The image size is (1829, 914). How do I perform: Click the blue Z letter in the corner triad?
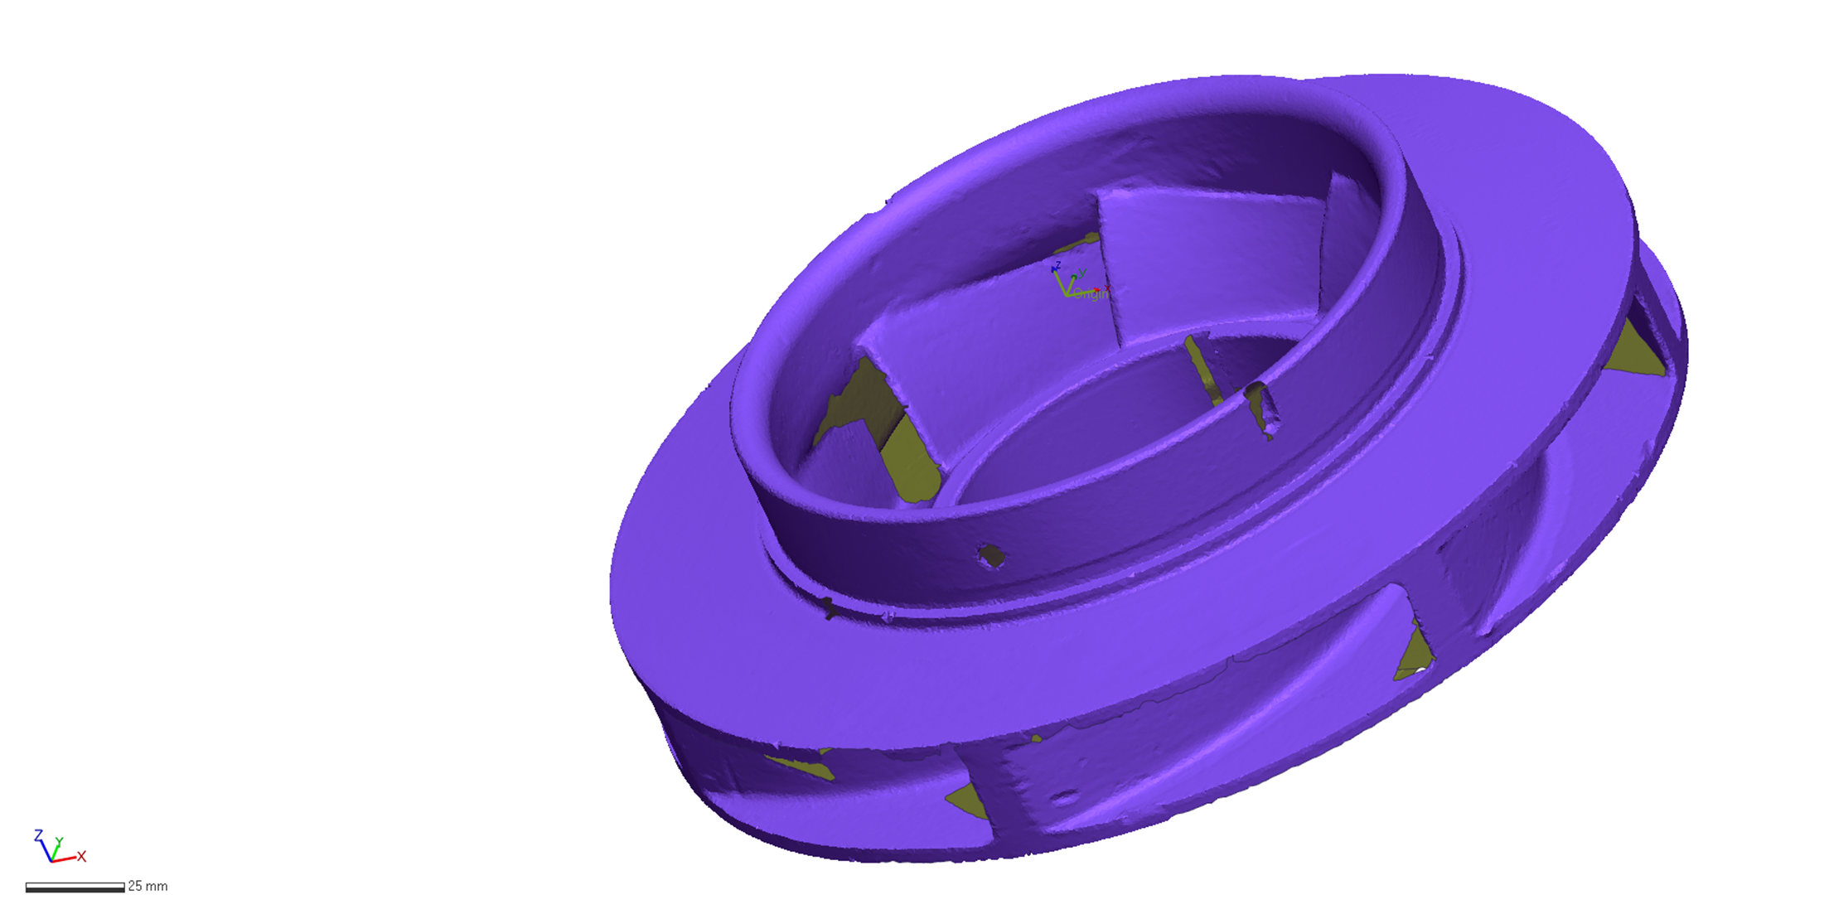38,834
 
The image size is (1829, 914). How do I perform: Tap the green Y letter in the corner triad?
60,842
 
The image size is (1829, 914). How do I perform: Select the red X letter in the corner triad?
81,856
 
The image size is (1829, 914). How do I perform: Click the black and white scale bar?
75,887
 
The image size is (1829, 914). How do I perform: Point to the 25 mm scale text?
148,887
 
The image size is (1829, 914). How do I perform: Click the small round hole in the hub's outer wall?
991,557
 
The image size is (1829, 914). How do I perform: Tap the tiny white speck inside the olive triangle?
1421,670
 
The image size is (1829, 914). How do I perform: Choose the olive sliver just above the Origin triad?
1077,244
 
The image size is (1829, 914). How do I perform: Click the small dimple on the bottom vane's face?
1065,799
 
